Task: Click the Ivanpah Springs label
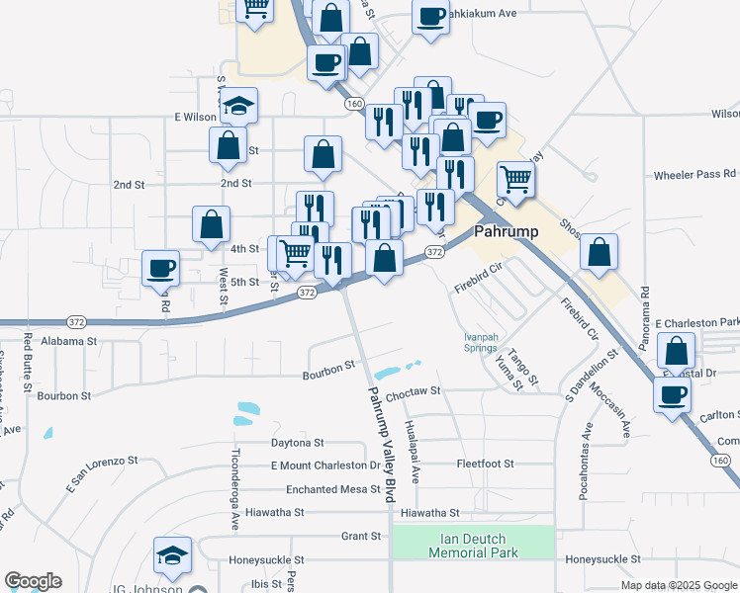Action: (x=481, y=342)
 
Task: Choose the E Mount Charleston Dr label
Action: (x=325, y=465)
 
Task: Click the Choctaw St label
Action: (x=413, y=392)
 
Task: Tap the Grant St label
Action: (x=361, y=537)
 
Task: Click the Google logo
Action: (x=33, y=581)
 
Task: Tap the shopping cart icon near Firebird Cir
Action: (x=515, y=181)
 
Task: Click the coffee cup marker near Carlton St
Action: (x=672, y=395)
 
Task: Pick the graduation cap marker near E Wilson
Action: (x=238, y=106)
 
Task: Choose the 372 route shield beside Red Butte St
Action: (x=76, y=322)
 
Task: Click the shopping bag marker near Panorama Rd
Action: (x=599, y=252)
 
